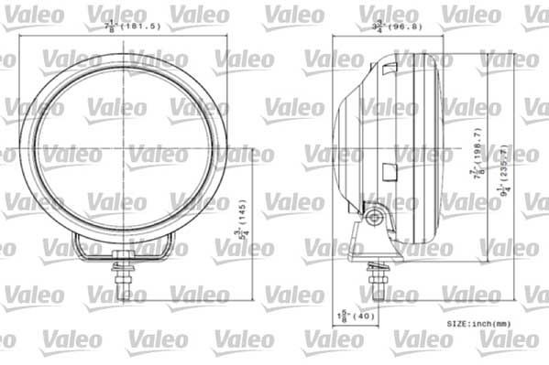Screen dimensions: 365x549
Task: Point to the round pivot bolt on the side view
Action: (375, 218)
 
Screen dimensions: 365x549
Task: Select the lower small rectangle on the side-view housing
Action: (389, 171)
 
